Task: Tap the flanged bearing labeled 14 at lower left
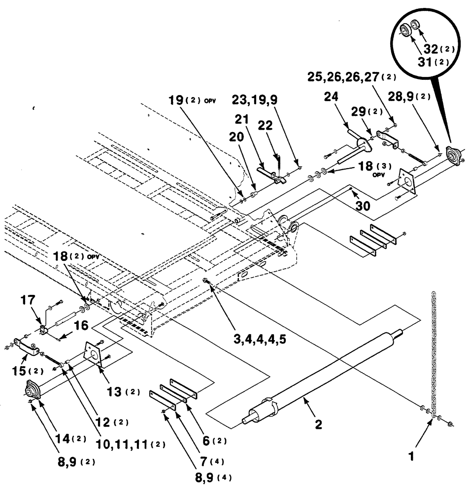33,392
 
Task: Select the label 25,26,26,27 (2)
351,77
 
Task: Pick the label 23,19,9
255,99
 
